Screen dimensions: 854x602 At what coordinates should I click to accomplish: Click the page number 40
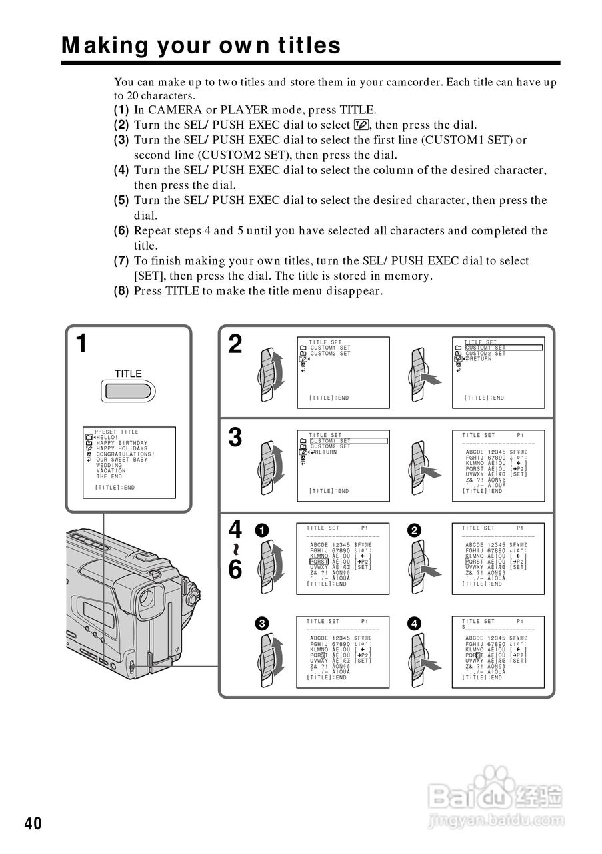click(x=33, y=823)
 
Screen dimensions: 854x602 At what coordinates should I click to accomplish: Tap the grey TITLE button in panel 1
click(x=128, y=390)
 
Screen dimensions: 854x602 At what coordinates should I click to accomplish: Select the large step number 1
click(x=81, y=344)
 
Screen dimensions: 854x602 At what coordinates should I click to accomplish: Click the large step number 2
click(x=235, y=344)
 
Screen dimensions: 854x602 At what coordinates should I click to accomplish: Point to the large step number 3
click(x=235, y=438)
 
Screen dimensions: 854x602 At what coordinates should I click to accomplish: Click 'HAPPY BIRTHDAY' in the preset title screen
click(x=122, y=443)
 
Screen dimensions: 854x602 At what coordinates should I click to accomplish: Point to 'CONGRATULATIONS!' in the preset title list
click(x=125, y=454)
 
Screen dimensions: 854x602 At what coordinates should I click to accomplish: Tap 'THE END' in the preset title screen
click(x=109, y=477)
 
